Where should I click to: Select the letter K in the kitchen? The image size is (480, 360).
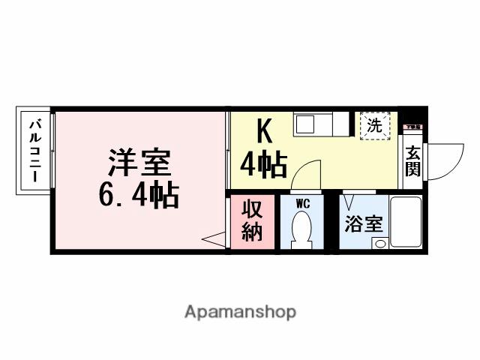pos(263,132)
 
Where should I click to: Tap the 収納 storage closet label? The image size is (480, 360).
pos(253,221)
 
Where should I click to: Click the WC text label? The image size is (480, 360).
pos(303,202)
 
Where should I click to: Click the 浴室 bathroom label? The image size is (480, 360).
pos(364,224)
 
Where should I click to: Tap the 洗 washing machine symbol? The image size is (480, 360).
pos(375,124)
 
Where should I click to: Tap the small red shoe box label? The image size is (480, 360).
pos(413,128)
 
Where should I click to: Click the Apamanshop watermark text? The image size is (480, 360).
pos(240,311)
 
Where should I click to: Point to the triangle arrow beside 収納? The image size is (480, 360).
pos(214,239)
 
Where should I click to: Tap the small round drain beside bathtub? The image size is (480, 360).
pos(380,243)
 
